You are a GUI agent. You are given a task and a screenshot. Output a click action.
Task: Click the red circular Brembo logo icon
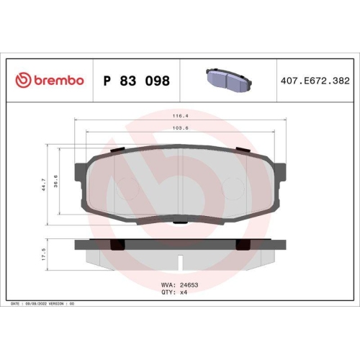point(22,81)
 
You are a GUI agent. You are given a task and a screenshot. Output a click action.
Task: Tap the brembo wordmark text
point(58,81)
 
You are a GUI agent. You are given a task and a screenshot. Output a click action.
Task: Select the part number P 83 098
point(137,81)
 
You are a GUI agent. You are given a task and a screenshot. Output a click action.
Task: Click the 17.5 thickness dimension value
point(44,254)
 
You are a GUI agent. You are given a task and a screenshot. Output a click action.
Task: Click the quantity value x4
point(183,292)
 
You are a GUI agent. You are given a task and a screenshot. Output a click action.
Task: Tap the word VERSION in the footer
point(58,305)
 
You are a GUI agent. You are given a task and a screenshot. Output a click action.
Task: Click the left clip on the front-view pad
point(116,150)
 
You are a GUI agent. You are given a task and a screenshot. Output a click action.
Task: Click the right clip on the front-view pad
point(243,150)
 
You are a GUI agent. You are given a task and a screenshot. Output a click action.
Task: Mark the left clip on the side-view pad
point(114,246)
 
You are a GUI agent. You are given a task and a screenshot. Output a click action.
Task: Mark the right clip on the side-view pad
point(243,246)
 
